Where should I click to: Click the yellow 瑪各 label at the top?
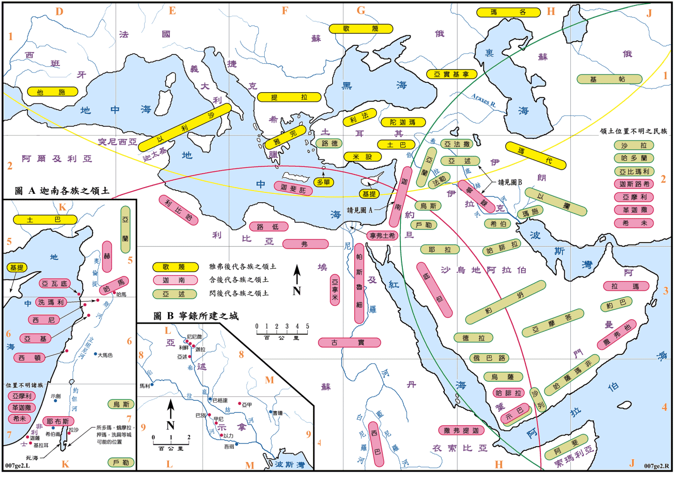508,13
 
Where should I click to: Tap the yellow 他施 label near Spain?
51,92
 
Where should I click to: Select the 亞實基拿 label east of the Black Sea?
451,74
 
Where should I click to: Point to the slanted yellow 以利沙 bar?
185,127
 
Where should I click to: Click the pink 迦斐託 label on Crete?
293,188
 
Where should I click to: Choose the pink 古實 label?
349,343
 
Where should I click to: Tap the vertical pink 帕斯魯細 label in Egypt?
359,283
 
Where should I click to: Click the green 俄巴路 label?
489,358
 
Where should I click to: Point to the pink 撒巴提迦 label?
461,430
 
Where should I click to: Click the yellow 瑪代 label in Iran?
536,155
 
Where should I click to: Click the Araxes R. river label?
483,100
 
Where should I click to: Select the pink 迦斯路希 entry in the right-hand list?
634,184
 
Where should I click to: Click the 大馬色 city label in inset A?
105,355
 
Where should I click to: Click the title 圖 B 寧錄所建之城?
196,316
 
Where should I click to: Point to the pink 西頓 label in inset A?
29,358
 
